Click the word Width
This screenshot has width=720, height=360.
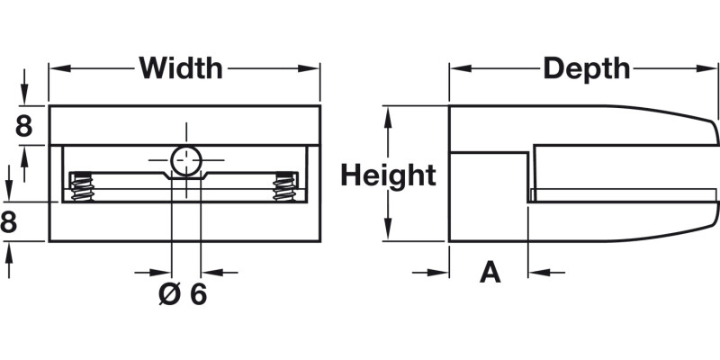[181, 67]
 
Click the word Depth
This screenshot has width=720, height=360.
[586, 67]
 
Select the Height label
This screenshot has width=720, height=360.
[388, 175]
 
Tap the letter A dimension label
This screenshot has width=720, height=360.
[490, 272]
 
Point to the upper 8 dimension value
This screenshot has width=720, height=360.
[24, 127]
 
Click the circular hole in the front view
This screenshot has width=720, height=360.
[186, 160]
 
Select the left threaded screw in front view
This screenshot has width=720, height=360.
[82, 186]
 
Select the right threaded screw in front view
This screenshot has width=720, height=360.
[285, 186]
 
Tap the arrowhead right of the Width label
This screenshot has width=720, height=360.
[313, 67]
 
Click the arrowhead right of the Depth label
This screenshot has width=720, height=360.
[712, 67]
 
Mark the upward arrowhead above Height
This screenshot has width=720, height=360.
[388, 113]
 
